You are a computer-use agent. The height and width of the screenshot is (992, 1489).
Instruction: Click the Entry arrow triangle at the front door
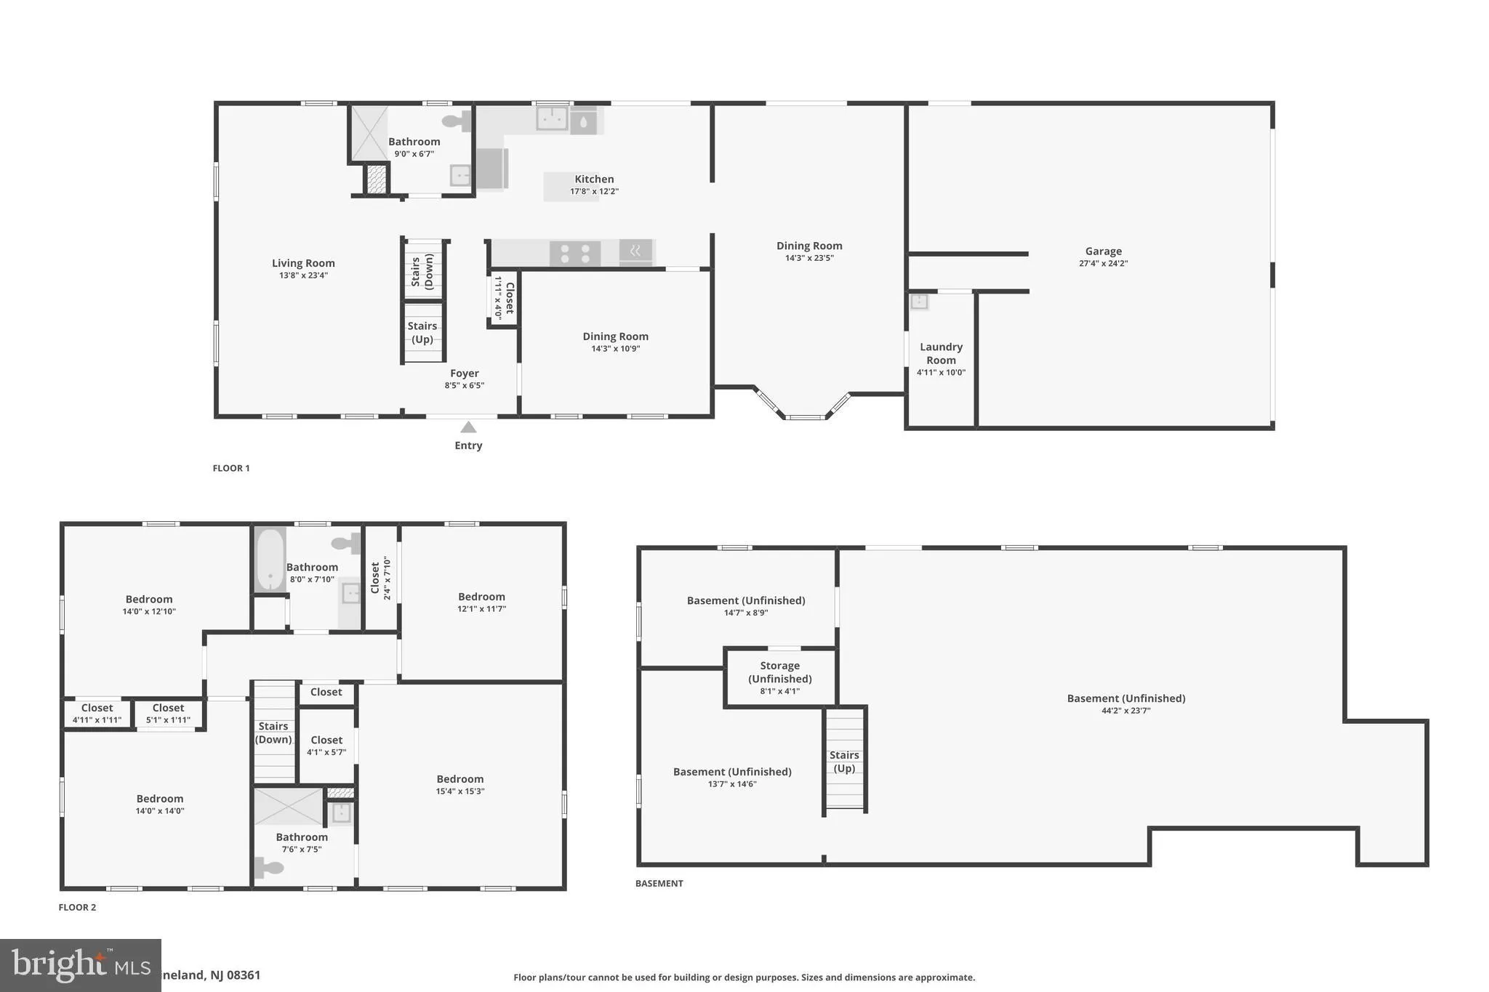click(468, 427)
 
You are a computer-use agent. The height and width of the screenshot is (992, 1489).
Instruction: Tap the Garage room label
click(1103, 251)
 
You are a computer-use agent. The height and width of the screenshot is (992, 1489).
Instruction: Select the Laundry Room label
click(941, 354)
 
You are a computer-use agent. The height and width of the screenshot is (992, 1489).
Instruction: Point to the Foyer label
click(464, 374)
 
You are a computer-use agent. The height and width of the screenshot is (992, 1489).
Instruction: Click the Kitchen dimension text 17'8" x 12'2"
click(594, 192)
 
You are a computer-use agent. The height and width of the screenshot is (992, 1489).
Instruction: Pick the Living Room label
click(303, 264)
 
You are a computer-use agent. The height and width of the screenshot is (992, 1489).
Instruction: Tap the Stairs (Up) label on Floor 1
click(422, 333)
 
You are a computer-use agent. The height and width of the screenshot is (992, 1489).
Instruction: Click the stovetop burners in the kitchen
click(574, 253)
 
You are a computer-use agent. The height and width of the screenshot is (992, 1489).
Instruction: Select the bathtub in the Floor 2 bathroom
click(270, 560)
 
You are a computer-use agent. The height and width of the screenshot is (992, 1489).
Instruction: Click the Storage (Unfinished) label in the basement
click(779, 672)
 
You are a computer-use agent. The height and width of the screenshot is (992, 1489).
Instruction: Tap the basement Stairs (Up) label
click(844, 762)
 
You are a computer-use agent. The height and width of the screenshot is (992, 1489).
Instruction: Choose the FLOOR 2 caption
click(77, 907)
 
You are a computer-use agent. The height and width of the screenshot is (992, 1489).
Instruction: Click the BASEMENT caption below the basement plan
click(659, 884)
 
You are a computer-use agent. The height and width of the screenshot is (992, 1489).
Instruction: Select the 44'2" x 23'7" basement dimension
click(1125, 711)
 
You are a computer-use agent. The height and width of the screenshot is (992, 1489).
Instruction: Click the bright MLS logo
click(80, 965)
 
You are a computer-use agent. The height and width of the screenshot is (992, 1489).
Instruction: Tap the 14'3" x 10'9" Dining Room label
click(615, 342)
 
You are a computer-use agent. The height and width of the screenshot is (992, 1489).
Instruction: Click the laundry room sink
click(920, 301)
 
